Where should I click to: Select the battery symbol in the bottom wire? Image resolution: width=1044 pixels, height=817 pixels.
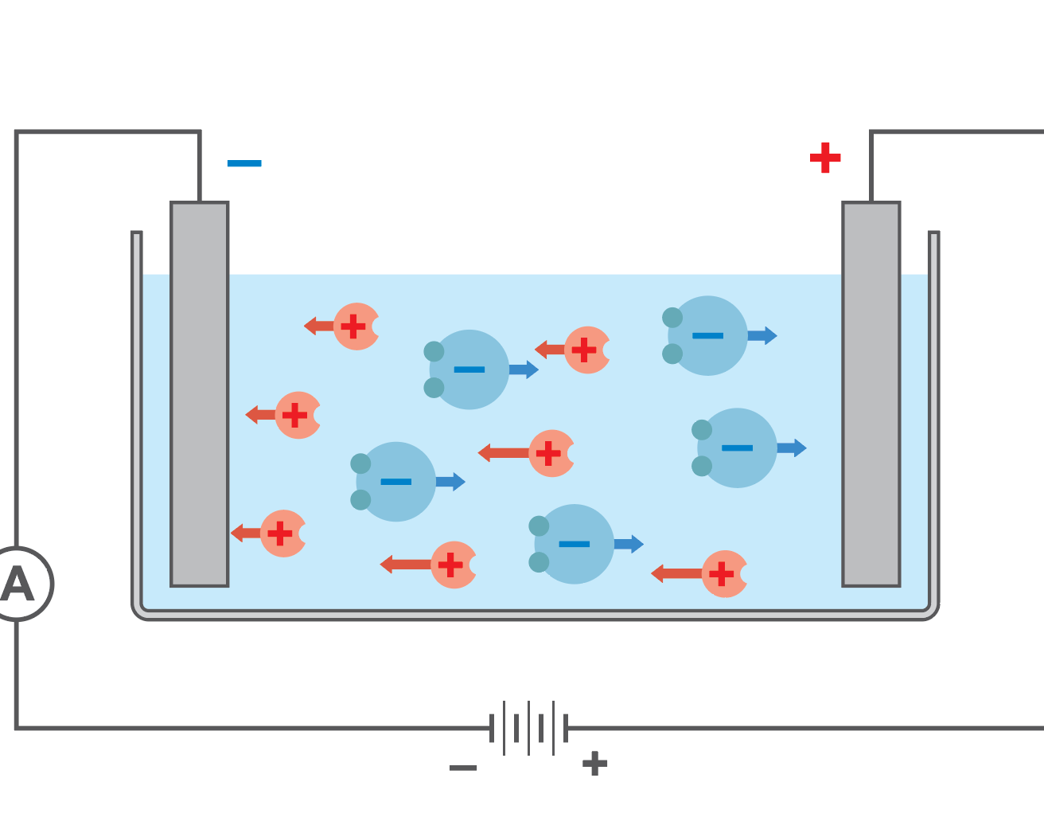click(x=528, y=728)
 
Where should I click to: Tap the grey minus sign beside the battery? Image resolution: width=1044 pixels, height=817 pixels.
click(x=463, y=768)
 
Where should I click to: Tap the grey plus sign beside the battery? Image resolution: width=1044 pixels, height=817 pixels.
click(x=594, y=764)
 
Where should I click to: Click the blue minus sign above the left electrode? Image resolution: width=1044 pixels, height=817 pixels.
click(x=244, y=163)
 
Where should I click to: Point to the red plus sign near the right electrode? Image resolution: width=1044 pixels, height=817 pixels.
click(x=825, y=158)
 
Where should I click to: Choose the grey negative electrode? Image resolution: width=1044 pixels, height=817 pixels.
click(x=200, y=394)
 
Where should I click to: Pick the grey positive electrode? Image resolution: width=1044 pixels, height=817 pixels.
click(x=871, y=394)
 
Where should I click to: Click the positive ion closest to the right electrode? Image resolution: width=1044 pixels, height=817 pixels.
click(x=724, y=573)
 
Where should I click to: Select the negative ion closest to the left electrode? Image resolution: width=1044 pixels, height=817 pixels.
click(x=395, y=482)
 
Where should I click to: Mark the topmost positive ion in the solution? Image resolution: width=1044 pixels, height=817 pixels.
click(x=356, y=326)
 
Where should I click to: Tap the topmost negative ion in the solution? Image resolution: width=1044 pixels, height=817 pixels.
click(x=707, y=336)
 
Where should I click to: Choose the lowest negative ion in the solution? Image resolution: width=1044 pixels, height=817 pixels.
click(x=574, y=544)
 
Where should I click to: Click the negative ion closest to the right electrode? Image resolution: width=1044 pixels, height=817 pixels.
click(x=737, y=448)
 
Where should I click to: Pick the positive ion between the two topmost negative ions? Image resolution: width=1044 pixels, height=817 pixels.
click(x=586, y=350)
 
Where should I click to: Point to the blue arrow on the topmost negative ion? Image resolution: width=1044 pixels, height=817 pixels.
click(x=762, y=336)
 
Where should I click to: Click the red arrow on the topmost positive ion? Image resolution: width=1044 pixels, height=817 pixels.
click(x=319, y=326)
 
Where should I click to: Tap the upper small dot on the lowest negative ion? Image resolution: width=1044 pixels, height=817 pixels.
click(x=539, y=526)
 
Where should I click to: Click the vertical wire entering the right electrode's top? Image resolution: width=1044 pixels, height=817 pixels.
click(x=871, y=167)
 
